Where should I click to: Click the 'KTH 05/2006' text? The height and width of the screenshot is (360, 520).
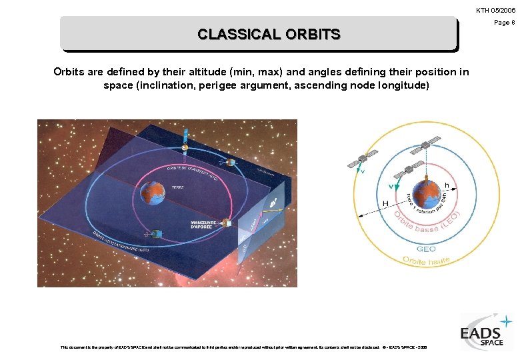pos(495,11)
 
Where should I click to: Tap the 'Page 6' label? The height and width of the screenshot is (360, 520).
pos(504,23)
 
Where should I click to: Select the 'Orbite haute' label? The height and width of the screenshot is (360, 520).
pos(427,261)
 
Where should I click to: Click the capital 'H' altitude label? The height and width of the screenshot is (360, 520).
pos(385,203)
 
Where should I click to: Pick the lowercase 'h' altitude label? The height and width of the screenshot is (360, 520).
pos(446,185)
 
